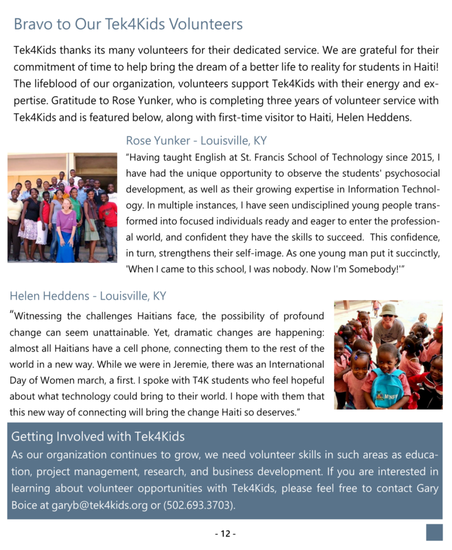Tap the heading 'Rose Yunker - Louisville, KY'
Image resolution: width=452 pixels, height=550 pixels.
pyautogui.click(x=196, y=141)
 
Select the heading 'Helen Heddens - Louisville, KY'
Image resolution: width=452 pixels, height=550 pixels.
pyautogui.click(x=88, y=295)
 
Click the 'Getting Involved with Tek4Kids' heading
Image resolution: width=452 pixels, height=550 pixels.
pyautogui.click(x=98, y=437)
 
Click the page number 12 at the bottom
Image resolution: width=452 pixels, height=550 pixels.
pyautogui.click(x=225, y=534)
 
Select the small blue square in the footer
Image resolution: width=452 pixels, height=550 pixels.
pyautogui.click(x=434, y=532)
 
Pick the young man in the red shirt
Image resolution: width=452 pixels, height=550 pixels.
pyautogui.click(x=108, y=215)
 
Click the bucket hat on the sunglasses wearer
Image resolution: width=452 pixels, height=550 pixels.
pyautogui.click(x=388, y=309)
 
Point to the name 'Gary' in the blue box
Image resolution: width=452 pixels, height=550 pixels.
pyautogui.click(x=426, y=489)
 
